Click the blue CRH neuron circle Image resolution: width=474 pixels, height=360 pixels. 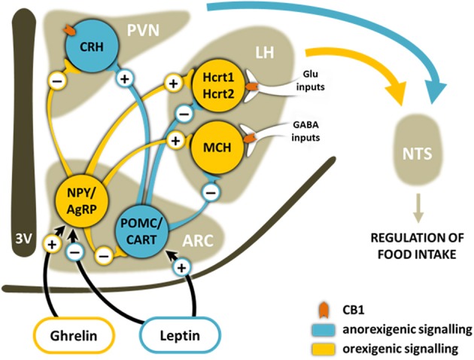[x=87, y=50]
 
